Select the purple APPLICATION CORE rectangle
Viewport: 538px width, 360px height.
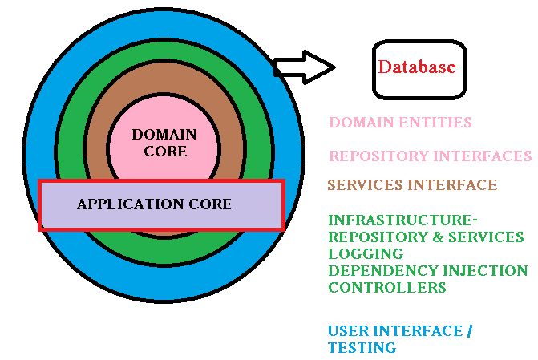click(161, 205)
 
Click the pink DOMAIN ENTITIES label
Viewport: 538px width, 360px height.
click(400, 123)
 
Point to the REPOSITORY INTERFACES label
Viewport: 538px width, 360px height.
click(430, 156)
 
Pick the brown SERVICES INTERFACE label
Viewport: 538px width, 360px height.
click(412, 185)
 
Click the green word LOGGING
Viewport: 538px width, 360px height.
click(360, 253)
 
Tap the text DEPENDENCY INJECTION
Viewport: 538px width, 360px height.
click(428, 270)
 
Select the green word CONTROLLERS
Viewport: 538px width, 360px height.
click(387, 287)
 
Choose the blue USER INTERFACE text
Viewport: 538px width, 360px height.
click(395, 331)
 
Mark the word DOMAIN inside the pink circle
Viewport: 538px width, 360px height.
click(164, 134)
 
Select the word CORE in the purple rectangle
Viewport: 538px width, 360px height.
click(210, 204)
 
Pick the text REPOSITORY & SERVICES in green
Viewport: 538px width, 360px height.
click(426, 237)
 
